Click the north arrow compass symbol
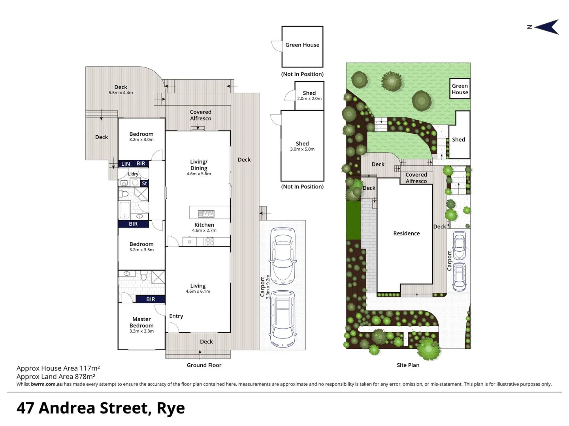(x=547, y=27)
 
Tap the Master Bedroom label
(x=141, y=323)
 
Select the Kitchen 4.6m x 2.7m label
(x=204, y=227)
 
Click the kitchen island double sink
(x=206, y=213)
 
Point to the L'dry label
(x=133, y=174)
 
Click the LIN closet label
(x=126, y=164)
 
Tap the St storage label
(x=144, y=183)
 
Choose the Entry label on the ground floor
(x=176, y=316)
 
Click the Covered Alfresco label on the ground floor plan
(x=200, y=115)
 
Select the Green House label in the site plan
(x=460, y=89)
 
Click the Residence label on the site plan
(x=406, y=234)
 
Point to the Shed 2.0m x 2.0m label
(x=309, y=95)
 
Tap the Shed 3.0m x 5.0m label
(x=302, y=146)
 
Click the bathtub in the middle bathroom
(x=124, y=210)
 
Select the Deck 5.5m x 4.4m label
(x=121, y=90)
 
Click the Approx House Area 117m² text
(x=58, y=368)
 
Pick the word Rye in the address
(x=171, y=409)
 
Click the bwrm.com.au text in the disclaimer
(x=47, y=384)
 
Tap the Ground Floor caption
(x=204, y=365)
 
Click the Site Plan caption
(x=408, y=365)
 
